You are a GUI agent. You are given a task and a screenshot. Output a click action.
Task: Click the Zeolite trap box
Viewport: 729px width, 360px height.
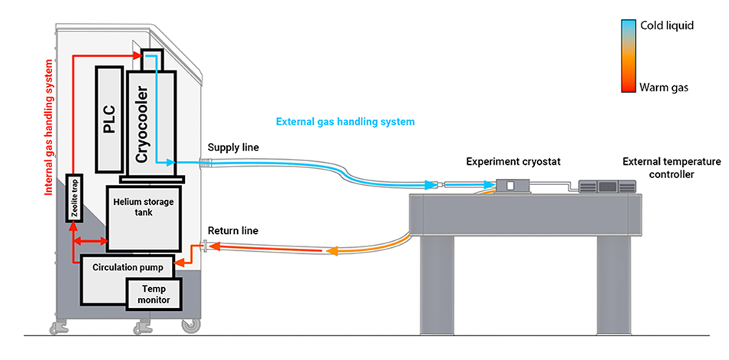tap(74, 197)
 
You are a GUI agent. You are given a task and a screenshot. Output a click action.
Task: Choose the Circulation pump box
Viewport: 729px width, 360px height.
tap(126, 268)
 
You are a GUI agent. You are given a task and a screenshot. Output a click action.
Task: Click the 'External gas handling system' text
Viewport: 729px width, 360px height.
tap(345, 121)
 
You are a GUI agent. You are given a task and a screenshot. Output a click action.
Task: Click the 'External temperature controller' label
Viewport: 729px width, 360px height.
tap(671, 167)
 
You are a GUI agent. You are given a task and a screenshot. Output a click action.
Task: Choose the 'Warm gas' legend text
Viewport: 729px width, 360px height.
tap(665, 88)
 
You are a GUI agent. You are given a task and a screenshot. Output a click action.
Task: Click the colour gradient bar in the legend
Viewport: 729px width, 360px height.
tap(627, 56)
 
